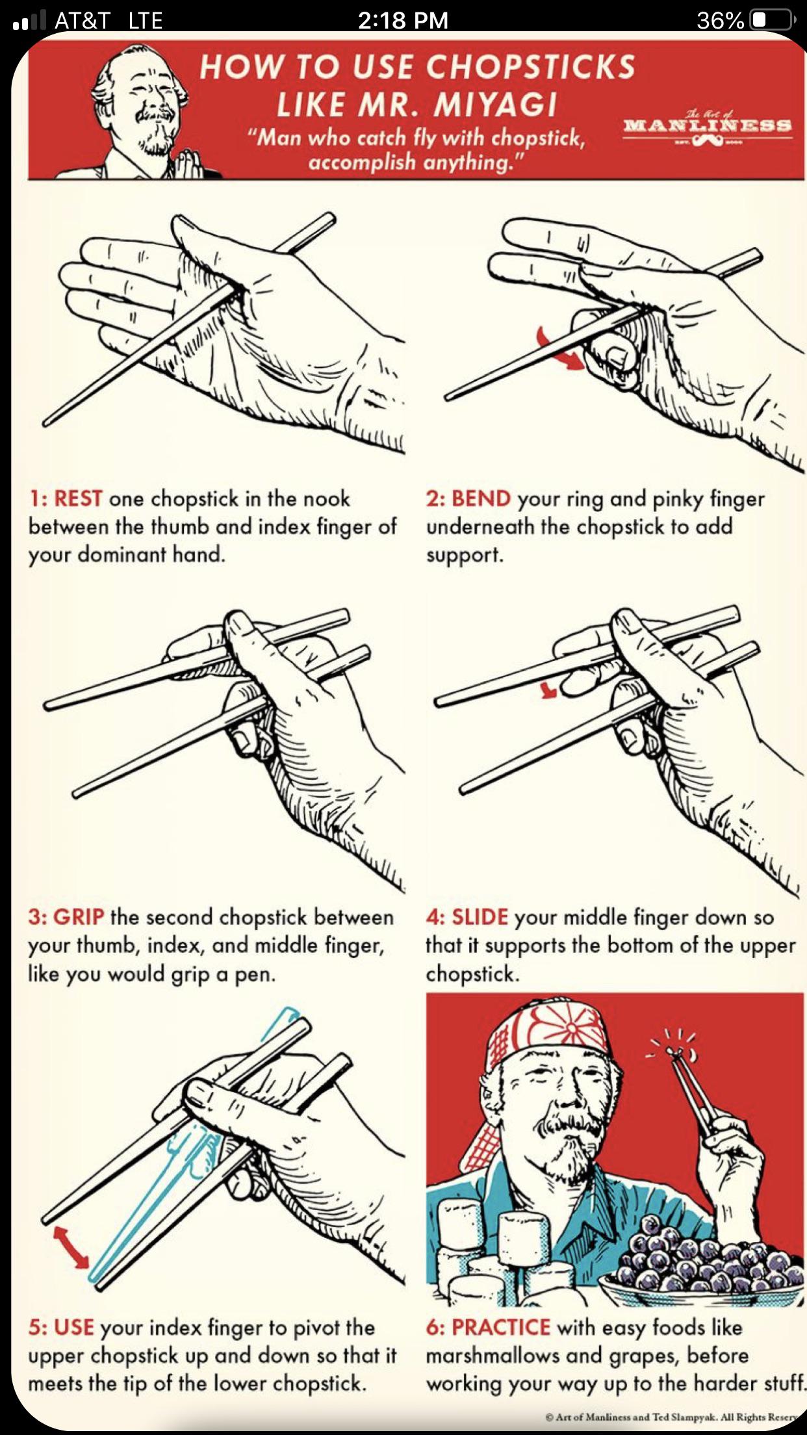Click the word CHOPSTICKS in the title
pyautogui.click(x=530, y=68)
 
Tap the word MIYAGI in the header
pyautogui.click(x=496, y=105)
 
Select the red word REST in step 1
pyautogui.click(x=77, y=498)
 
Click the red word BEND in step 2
pyautogui.click(x=481, y=498)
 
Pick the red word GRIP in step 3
pyautogui.click(x=78, y=917)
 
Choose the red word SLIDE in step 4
pyautogui.click(x=480, y=917)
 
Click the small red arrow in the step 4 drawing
pyautogui.click(x=549, y=690)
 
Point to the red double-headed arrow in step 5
pyautogui.click(x=71, y=1245)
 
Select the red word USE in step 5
pyautogui.click(x=74, y=1327)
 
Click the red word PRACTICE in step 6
pyautogui.click(x=501, y=1327)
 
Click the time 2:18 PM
pyautogui.click(x=403, y=20)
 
